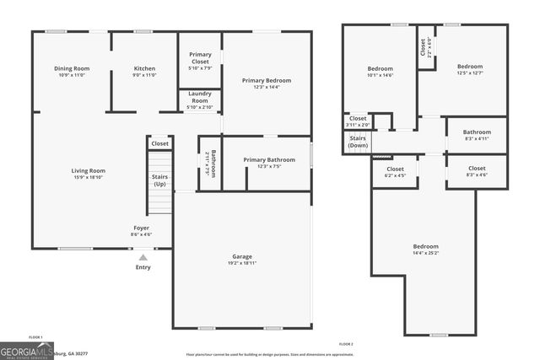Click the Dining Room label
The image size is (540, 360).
tap(72, 68)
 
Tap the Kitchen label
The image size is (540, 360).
tap(145, 68)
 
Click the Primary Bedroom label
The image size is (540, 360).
tap(266, 81)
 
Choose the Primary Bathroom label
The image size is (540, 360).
tap(269, 159)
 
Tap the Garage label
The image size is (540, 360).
tap(242, 256)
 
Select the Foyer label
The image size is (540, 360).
tap(141, 228)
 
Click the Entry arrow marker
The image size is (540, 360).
tap(143, 258)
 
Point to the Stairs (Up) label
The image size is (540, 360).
tap(159, 180)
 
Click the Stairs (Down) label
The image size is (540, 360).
tap(358, 142)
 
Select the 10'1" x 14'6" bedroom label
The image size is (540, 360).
tap(380, 70)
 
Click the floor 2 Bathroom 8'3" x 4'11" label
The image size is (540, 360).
tap(476, 132)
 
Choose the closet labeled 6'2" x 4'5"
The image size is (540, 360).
tap(395, 169)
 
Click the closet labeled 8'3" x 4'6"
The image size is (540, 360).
tap(477, 169)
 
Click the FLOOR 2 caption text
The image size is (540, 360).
tap(346, 344)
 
